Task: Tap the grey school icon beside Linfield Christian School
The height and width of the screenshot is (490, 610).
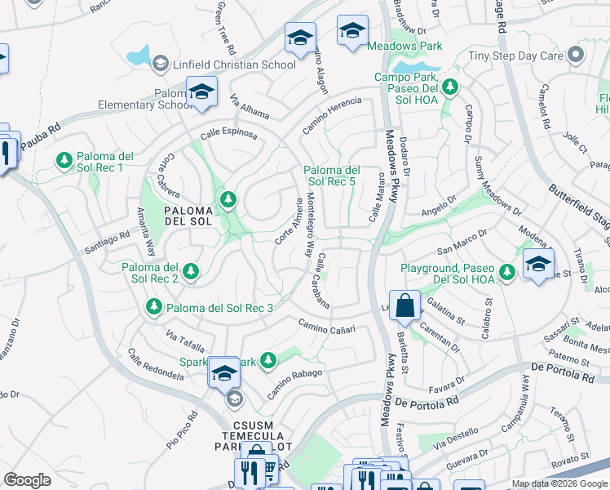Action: coord(161,64)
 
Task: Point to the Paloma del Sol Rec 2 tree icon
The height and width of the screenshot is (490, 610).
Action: coord(190,270)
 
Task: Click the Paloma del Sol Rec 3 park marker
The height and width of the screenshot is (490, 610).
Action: coord(152,307)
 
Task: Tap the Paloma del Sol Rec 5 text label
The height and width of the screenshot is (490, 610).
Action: coord(331,175)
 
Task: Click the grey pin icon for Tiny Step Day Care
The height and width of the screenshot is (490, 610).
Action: coord(577,56)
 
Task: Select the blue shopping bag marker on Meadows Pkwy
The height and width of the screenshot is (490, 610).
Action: coord(404,307)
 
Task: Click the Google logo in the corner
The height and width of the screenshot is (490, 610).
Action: coord(27,479)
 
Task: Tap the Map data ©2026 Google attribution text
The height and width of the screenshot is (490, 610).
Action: coord(559,483)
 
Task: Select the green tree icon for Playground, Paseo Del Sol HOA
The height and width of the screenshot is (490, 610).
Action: coord(507,270)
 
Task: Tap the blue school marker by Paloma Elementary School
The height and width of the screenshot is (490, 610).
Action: coord(201,91)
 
